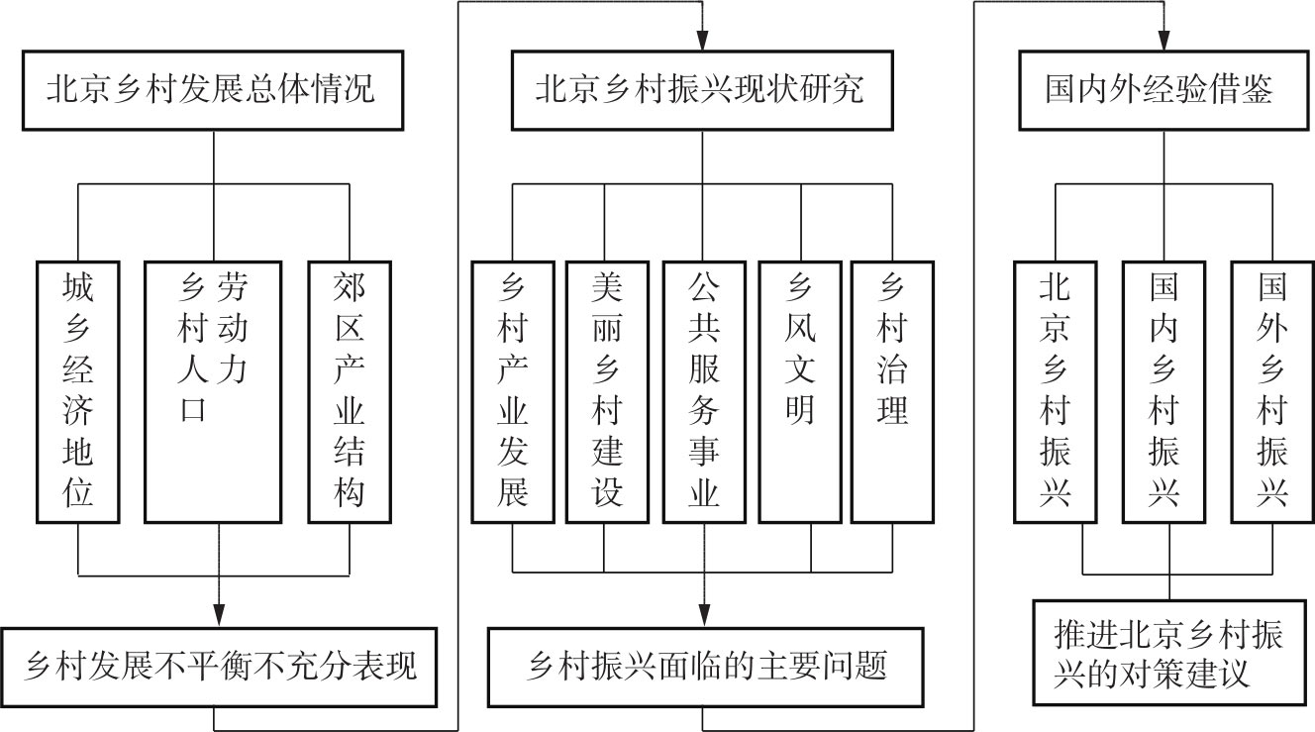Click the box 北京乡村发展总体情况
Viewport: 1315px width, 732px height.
click(x=213, y=91)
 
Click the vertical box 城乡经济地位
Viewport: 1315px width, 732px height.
click(x=77, y=391)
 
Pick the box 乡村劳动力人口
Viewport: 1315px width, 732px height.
click(x=214, y=391)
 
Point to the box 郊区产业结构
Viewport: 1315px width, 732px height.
click(x=350, y=391)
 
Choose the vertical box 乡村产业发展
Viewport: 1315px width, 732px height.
click(x=512, y=391)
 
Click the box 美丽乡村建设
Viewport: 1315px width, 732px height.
click(x=606, y=391)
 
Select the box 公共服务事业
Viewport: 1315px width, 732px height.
click(x=704, y=391)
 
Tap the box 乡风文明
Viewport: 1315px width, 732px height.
click(x=799, y=391)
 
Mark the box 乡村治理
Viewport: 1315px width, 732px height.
click(x=892, y=391)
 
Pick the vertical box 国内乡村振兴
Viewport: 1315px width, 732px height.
click(x=1163, y=391)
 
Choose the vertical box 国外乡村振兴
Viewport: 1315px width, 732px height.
click(x=1272, y=391)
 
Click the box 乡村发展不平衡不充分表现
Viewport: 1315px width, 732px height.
click(x=220, y=666)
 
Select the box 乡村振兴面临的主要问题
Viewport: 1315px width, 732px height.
click(x=706, y=666)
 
